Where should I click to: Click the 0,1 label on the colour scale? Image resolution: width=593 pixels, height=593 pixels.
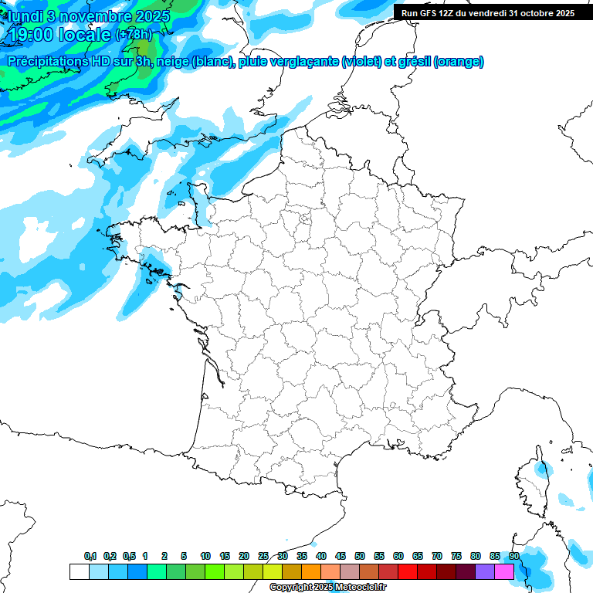[90, 556]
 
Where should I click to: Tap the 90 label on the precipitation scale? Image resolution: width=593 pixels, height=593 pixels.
[514, 556]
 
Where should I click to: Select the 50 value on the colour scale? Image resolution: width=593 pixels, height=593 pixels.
[360, 556]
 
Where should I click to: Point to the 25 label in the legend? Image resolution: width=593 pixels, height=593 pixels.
[263, 556]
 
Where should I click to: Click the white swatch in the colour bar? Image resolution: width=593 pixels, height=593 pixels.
[79, 571]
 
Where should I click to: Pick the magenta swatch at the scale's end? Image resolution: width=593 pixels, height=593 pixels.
[504, 571]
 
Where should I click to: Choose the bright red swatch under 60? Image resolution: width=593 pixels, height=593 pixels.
[408, 571]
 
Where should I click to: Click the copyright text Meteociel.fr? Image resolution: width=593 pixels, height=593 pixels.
[327, 588]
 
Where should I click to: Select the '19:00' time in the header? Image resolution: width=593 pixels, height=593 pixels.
[35, 35]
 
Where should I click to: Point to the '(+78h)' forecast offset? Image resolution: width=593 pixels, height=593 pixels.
[134, 35]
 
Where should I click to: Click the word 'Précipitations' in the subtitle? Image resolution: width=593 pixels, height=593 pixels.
[49, 62]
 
